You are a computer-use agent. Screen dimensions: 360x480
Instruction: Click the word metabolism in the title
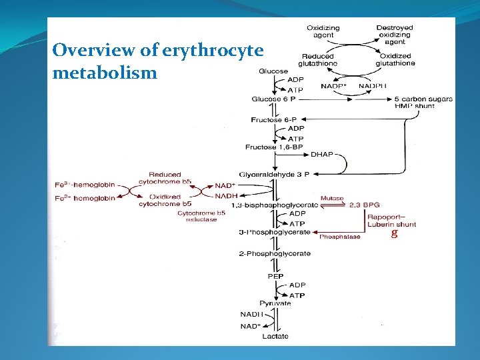coord(105,72)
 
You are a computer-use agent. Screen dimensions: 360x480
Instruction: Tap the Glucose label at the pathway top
coord(273,71)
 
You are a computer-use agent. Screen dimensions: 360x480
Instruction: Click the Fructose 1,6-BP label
coord(271,147)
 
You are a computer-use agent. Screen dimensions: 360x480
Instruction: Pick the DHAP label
coord(322,155)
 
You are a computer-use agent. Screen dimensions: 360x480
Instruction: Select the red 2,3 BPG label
coord(365,205)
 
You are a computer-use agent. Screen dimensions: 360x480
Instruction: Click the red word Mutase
coord(333,198)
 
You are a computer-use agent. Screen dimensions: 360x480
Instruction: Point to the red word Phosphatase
coord(340,237)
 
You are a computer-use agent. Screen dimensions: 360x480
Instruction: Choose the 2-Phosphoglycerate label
coord(275,253)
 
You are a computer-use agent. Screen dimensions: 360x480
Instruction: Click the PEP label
coord(275,276)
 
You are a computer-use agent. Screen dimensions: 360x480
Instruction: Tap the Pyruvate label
coord(275,303)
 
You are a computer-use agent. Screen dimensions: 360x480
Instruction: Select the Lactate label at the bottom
coord(275,336)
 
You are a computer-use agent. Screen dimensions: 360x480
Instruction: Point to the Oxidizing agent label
coord(323,31)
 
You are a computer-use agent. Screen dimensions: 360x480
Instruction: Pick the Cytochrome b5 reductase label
coord(201,216)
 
